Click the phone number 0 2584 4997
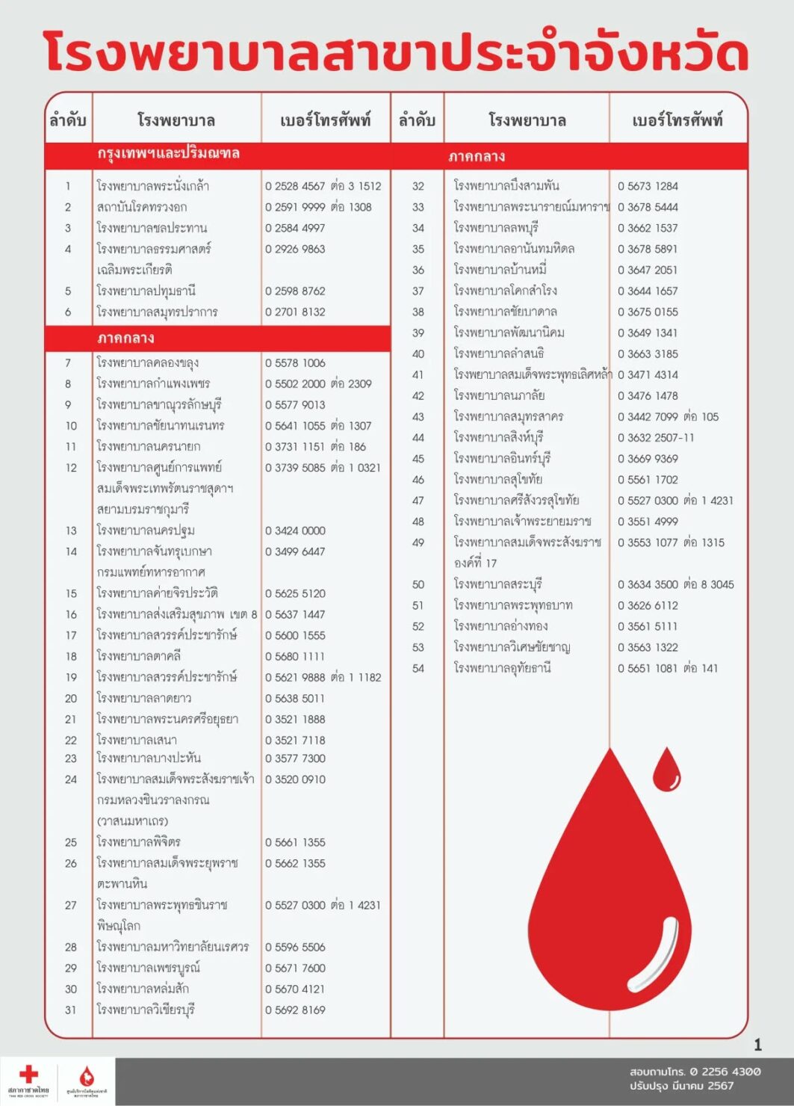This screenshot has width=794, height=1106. [x=295, y=228]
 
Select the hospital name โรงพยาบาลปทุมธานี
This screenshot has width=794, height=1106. [x=146, y=291]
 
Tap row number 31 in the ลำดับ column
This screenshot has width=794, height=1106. [x=70, y=1010]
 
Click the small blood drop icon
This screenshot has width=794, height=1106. [x=666, y=770]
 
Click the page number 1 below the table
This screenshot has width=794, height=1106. [x=757, y=1045]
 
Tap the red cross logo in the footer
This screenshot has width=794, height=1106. [x=28, y=1075]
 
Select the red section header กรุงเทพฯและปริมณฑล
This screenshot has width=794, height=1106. [x=168, y=154]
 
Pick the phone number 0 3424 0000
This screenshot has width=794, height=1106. [x=295, y=531]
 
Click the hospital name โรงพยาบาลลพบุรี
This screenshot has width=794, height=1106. [x=496, y=228]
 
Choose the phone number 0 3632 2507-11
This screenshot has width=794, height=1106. [x=656, y=437]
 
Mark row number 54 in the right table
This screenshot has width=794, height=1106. [x=418, y=668]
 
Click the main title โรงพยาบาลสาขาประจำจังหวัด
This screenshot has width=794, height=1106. [x=396, y=54]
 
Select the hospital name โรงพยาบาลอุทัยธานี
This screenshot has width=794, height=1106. [x=502, y=668]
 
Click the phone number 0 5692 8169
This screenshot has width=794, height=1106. [x=295, y=1010]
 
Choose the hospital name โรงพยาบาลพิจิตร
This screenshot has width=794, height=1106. [x=139, y=842]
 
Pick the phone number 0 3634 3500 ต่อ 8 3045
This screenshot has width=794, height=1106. [x=675, y=584]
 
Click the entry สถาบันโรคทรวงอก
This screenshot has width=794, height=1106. [x=142, y=207]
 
